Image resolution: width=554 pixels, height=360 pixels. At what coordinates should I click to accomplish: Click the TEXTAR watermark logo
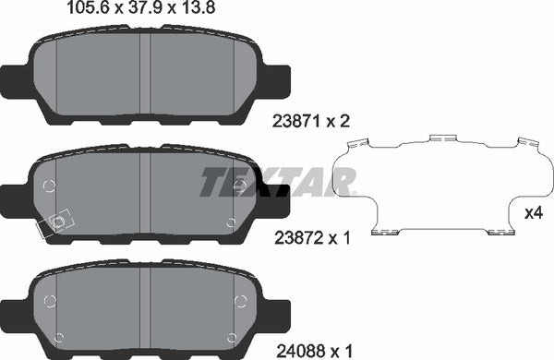[x=276, y=181]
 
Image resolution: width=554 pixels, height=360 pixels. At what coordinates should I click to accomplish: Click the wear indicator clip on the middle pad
[x=56, y=222]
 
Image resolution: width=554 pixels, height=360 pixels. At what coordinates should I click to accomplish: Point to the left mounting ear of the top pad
[x=18, y=81]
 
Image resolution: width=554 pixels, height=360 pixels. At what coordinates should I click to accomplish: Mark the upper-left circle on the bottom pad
[x=50, y=300]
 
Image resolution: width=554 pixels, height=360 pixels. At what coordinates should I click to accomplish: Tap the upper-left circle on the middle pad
[x=50, y=186]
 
